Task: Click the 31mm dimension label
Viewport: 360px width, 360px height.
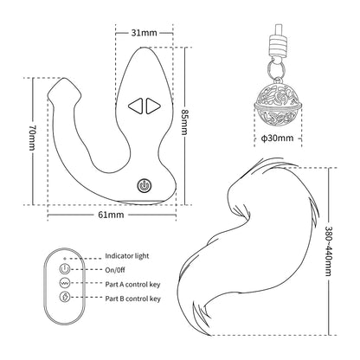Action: pos(145,33)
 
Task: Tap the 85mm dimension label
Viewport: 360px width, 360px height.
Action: pos(184,122)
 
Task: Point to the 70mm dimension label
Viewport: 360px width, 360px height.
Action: pos(32,138)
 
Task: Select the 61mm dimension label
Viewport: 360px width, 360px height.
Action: pos(111,215)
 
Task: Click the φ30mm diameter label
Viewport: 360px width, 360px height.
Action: pos(277,138)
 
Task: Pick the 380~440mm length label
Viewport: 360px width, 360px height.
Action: pos(329,250)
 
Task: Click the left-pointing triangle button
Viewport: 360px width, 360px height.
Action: pos(136,106)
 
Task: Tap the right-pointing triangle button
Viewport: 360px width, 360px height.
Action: pos(153,106)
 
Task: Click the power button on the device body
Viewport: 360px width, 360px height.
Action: pos(144,185)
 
